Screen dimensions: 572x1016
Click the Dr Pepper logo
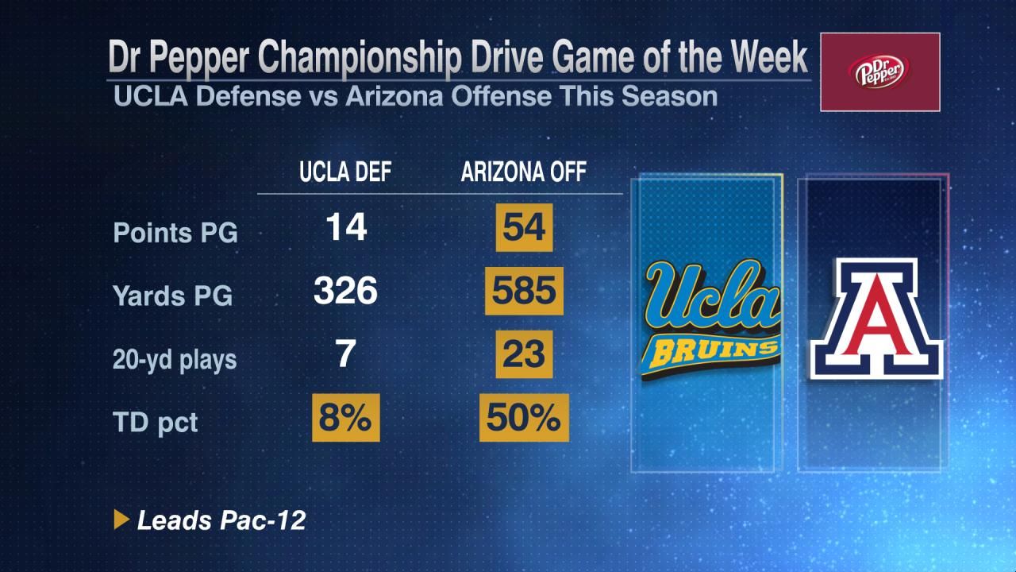coord(879,72)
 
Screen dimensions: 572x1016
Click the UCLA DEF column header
coord(345,172)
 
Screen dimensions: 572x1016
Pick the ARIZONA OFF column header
coord(524,172)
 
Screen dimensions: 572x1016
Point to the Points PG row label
coord(175,233)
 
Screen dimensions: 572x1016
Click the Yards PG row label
coord(173,296)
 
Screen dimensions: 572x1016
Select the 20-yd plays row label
coord(175,359)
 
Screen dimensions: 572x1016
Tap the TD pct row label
coord(156,422)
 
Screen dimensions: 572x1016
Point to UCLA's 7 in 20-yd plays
coord(345,355)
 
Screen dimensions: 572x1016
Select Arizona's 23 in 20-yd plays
coord(524,355)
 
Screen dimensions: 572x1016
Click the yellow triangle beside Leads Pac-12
coord(121,520)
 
